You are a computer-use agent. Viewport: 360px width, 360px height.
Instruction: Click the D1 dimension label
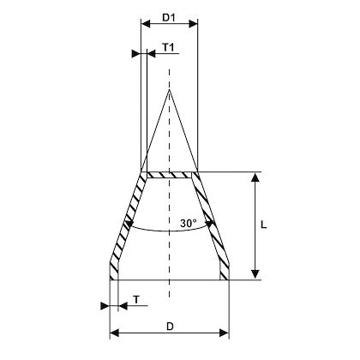[169, 16]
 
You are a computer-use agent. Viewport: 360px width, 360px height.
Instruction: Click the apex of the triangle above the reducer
[170, 89]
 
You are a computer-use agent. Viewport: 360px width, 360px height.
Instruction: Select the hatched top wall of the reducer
[170, 175]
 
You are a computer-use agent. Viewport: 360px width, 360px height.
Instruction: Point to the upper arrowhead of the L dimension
[254, 177]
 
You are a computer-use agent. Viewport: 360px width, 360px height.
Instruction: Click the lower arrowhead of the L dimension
[254, 273]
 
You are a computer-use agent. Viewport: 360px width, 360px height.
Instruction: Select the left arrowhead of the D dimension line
[114, 333]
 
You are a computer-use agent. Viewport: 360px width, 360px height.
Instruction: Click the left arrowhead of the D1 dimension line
[144, 24]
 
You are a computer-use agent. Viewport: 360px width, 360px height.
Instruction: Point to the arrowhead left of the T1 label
[136, 53]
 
